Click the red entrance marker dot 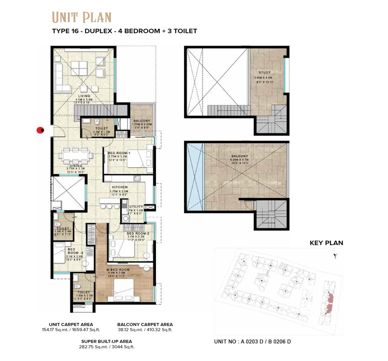click(x=40, y=130)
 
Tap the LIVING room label click(x=84, y=96)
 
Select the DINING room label click(x=76, y=166)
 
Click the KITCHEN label click(x=120, y=187)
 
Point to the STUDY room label click(x=264, y=72)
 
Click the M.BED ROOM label click(x=118, y=270)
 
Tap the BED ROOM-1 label click(x=119, y=153)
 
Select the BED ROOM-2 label click(x=138, y=234)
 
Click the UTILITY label click(x=136, y=207)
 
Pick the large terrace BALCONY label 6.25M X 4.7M click(x=239, y=156)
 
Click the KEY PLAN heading click(x=326, y=243)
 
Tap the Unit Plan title click(x=81, y=17)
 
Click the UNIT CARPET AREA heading click(x=71, y=324)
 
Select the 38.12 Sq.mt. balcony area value click(x=130, y=330)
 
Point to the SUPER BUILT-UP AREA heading click(x=106, y=341)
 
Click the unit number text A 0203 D click(x=252, y=342)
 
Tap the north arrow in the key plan click(x=335, y=256)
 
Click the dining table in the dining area click(x=76, y=156)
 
